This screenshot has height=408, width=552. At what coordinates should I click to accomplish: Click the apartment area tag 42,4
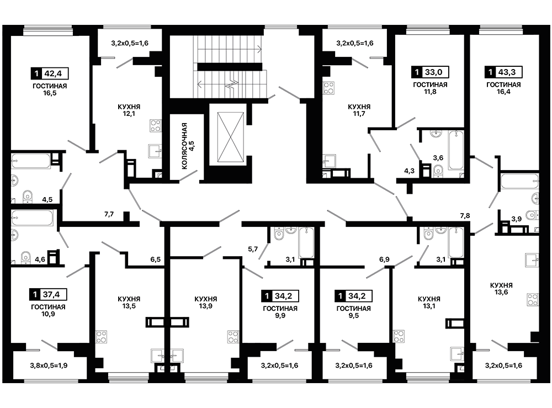(50, 73)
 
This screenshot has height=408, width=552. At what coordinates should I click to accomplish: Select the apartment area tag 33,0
(430, 72)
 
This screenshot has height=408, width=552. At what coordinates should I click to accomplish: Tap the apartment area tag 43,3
(503, 72)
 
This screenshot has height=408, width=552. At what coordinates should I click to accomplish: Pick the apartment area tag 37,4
(48, 294)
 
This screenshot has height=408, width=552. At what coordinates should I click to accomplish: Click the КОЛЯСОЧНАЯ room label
(184, 146)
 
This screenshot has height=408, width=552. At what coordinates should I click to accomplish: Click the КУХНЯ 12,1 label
(129, 110)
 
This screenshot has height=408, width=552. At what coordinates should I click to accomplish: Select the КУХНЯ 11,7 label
(359, 110)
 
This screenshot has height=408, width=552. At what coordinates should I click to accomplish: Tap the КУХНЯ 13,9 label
(206, 303)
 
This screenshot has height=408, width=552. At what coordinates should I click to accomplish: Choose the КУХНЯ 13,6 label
(501, 289)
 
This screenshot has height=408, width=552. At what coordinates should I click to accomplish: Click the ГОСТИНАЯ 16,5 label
(50, 89)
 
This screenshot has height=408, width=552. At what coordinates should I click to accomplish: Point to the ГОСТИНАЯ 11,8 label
(430, 88)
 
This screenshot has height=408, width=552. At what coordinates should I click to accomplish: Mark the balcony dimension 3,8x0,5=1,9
(49, 365)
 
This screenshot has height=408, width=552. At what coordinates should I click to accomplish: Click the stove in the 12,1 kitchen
(155, 126)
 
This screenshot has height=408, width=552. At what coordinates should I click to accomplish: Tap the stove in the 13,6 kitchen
(533, 300)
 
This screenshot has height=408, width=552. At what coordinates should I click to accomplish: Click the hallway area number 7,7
(109, 214)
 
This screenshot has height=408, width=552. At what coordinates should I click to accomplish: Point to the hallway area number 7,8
(465, 216)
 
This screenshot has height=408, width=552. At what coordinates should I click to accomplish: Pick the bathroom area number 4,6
(40, 260)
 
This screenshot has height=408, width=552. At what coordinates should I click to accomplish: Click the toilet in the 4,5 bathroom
(28, 197)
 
